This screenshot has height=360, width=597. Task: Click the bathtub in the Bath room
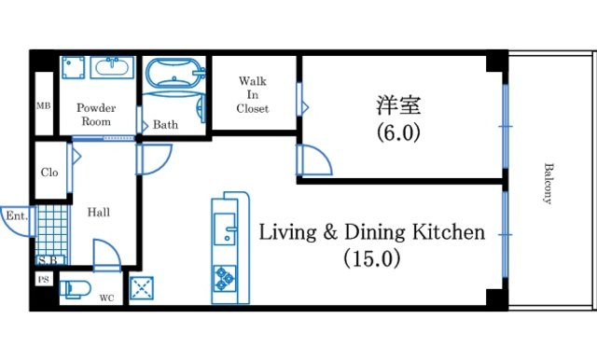point(174,73)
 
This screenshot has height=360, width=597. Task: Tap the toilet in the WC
point(75,290)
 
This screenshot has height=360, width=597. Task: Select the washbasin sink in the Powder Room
point(112,67)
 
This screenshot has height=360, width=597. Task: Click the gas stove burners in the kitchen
point(225,278)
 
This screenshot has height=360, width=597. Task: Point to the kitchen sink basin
point(225,228)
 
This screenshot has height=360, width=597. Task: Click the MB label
point(44,105)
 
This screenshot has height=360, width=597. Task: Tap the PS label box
point(44,280)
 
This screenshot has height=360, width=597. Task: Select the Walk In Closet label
point(253,95)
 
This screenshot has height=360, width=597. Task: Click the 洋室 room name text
point(398,105)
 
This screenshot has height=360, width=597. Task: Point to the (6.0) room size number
point(398,132)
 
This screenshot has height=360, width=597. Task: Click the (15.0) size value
point(372,258)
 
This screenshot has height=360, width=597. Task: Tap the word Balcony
point(548,184)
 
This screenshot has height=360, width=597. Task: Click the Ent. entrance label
point(17,216)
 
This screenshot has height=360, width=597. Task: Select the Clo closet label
point(49,173)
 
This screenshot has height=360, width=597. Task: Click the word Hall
point(99,212)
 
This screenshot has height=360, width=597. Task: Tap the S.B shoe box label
point(49,260)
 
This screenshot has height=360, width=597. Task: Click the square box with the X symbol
point(142,288)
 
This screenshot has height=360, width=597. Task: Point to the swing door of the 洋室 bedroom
point(314,160)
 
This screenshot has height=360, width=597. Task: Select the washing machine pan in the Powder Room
point(74,68)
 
